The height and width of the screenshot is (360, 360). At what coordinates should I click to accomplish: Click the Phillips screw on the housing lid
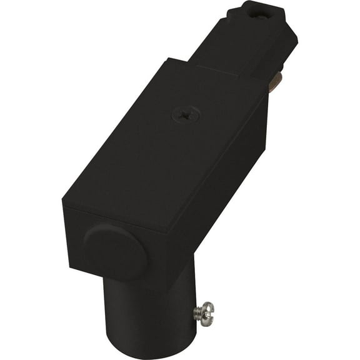coord(186,114)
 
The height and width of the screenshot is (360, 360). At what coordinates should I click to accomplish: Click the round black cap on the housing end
coord(115,251)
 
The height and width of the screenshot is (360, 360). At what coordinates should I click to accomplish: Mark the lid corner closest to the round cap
coord(63,201)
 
